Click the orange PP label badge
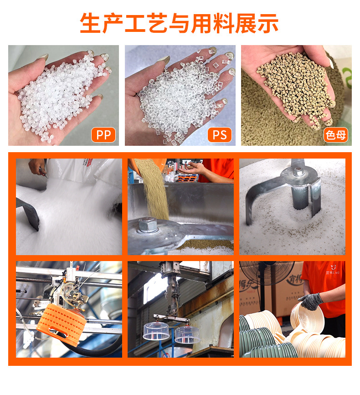coord(103,135)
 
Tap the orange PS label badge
coord(220,135)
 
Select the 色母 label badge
coord(335,135)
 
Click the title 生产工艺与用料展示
coord(180,23)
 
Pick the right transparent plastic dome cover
coord(188,334)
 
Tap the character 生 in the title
coord(90,23)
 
